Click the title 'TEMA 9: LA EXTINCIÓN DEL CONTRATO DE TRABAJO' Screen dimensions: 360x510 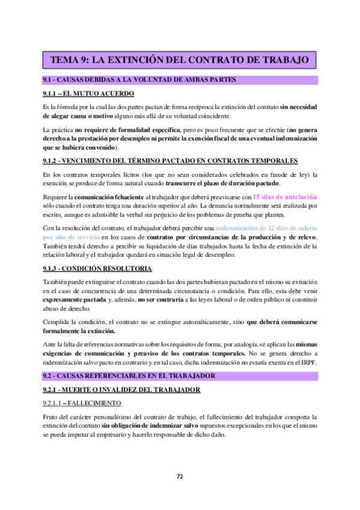pos(180,60)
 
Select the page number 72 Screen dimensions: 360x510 pos(180,477)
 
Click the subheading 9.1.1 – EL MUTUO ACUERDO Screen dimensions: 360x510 pos(88,94)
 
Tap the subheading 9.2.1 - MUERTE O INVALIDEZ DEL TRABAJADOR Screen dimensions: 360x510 pos(122,390)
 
